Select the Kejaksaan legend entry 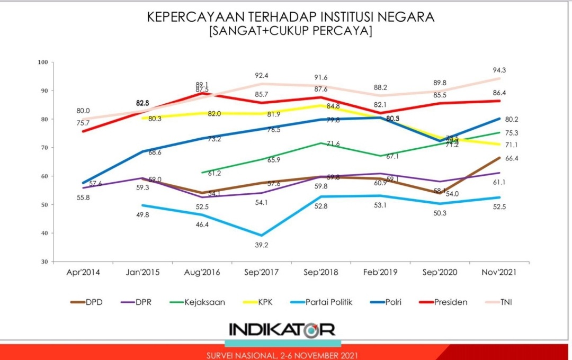tap(203, 302)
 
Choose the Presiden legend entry tap(450, 302)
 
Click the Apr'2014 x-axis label tap(83, 273)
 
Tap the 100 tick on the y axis tap(43, 62)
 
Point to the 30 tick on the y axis tap(44, 262)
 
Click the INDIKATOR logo tap(282, 330)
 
